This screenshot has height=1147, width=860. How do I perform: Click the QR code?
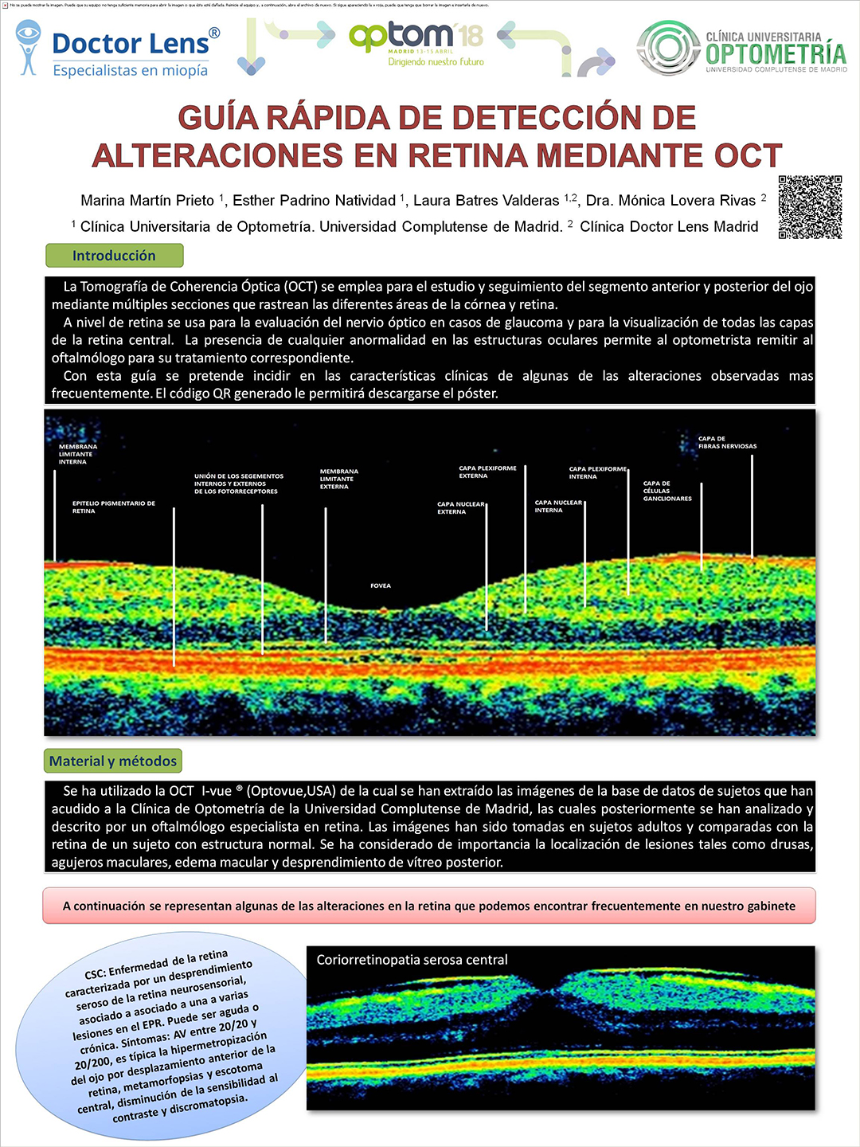(x=810, y=207)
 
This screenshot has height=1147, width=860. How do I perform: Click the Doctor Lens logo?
(x=118, y=49)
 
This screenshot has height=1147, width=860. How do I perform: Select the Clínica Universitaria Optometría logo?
(x=741, y=49)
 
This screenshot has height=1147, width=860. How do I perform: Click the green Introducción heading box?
(x=115, y=256)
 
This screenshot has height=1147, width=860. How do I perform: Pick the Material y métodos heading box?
(x=113, y=761)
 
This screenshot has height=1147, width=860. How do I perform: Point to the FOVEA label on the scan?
(x=381, y=585)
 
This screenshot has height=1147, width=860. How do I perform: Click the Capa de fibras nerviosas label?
(x=727, y=442)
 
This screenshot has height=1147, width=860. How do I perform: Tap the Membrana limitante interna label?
(x=77, y=454)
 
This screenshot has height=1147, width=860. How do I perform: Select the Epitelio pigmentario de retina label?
(x=113, y=507)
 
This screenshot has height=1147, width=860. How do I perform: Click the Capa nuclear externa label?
(x=460, y=507)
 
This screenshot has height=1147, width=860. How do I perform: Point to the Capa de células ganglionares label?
(x=667, y=491)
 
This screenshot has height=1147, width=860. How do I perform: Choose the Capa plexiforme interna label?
(x=597, y=472)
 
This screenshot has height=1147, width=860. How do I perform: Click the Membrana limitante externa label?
(x=338, y=479)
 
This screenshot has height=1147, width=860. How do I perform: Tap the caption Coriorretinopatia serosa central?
(x=412, y=960)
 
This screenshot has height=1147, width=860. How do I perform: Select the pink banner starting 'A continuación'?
(x=429, y=906)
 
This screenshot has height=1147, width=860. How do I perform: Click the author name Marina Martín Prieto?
(x=147, y=201)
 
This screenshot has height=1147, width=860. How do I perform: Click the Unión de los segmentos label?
(x=238, y=483)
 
